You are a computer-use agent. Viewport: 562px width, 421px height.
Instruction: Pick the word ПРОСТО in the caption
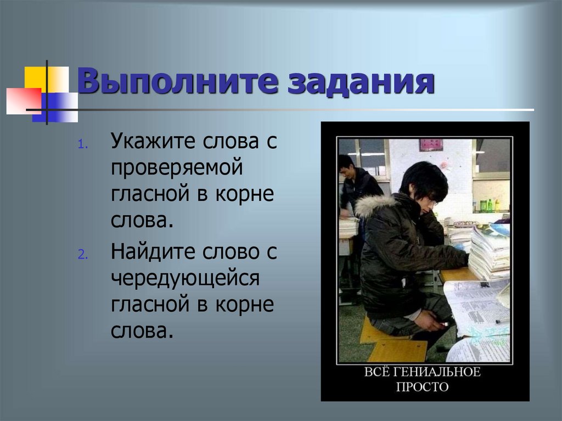422,387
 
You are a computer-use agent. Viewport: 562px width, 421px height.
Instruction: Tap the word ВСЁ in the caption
379,372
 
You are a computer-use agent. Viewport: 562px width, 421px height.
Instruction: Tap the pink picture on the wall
431,144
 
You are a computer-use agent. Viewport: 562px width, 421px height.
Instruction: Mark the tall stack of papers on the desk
488,252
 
